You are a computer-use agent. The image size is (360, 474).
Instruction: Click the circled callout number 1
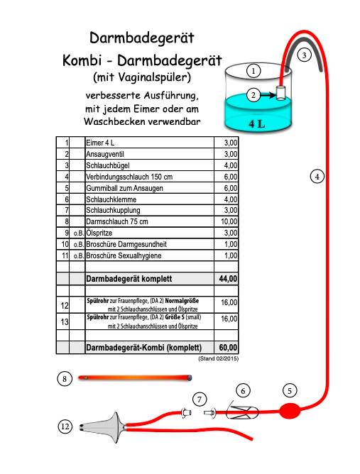click(x=253, y=70)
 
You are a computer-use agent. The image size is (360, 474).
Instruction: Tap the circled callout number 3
click(x=304, y=54)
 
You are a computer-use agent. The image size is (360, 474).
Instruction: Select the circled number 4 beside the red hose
click(x=317, y=175)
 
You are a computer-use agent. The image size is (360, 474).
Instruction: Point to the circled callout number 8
click(x=65, y=379)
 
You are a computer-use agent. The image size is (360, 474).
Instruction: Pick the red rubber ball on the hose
click(x=290, y=410)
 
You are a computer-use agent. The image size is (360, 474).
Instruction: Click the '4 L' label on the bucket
click(x=257, y=123)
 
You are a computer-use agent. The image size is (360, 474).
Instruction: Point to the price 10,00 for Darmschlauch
click(x=229, y=222)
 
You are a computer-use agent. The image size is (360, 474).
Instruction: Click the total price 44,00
click(x=228, y=279)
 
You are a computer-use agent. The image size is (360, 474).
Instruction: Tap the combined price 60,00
click(x=228, y=348)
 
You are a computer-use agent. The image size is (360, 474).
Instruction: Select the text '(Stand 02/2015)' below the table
click(x=217, y=359)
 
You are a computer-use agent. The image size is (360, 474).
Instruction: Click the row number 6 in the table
click(x=67, y=199)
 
